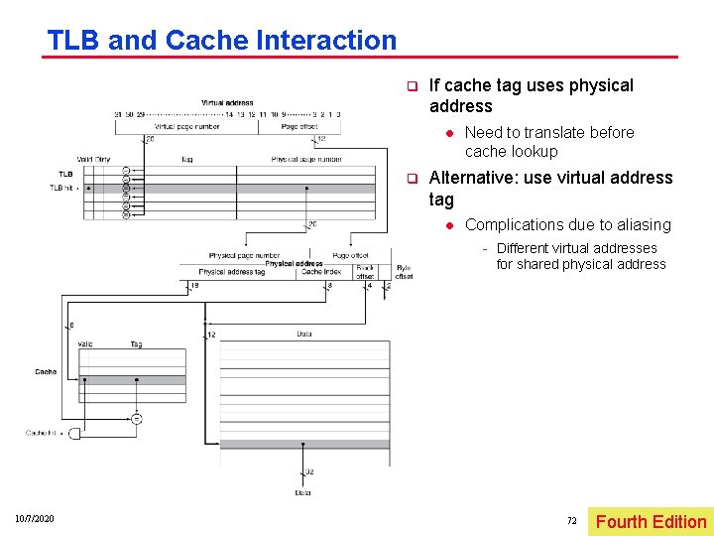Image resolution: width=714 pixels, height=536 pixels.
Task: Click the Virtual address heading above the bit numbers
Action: pyautogui.click(x=227, y=102)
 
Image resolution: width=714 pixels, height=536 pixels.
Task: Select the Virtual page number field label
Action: pyautogui.click(x=186, y=126)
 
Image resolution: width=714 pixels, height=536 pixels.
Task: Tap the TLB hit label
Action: pyautogui.click(x=61, y=187)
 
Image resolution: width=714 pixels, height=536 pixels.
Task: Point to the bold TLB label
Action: pyautogui.click(x=65, y=175)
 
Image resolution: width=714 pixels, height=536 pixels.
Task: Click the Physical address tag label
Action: pyautogui.click(x=232, y=272)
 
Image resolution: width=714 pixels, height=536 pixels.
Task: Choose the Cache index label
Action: pyautogui.click(x=320, y=272)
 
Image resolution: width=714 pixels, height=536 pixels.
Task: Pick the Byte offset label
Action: pyautogui.click(x=404, y=272)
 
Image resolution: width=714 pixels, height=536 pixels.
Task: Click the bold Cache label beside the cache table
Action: pyautogui.click(x=46, y=372)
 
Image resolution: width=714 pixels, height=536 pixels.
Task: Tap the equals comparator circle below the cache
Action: pyautogui.click(x=136, y=418)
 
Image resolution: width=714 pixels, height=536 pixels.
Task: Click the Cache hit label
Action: pyautogui.click(x=40, y=434)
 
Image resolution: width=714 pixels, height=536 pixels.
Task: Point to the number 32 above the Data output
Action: pyautogui.click(x=309, y=471)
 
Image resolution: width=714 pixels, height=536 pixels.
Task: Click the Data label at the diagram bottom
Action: pyautogui.click(x=303, y=492)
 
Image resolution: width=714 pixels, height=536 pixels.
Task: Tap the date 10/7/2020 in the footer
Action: pyautogui.click(x=35, y=520)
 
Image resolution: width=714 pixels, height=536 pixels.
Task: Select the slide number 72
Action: pyautogui.click(x=571, y=520)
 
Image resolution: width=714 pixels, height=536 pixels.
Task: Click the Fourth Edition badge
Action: pyautogui.click(x=651, y=521)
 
